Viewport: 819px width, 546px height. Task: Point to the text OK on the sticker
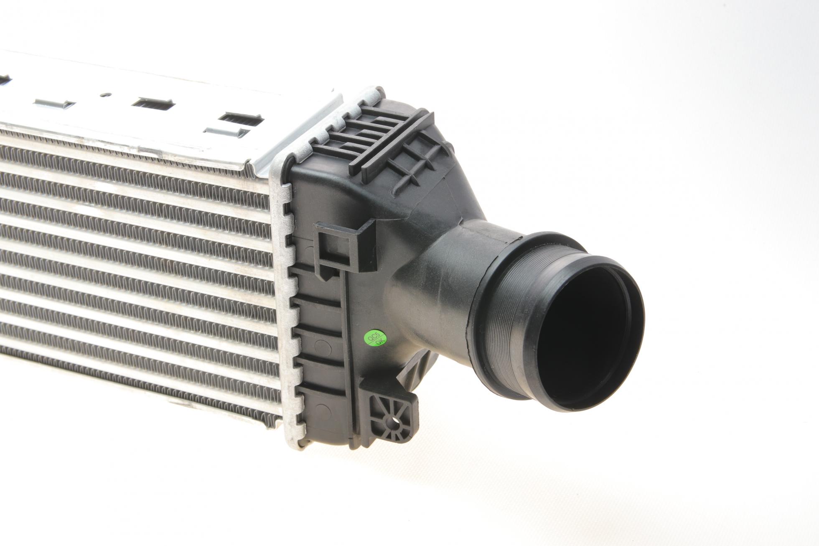click(379, 342)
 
